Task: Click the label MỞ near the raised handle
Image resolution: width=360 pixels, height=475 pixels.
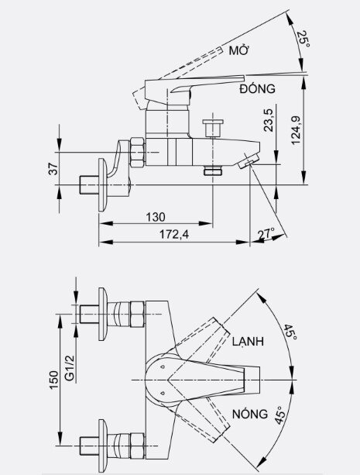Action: pos(238,50)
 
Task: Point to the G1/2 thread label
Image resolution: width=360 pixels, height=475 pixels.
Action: pos(69,365)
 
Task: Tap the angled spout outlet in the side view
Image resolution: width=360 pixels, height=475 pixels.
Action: pos(250,161)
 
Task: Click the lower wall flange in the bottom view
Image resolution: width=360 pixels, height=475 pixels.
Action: pos(102,444)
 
